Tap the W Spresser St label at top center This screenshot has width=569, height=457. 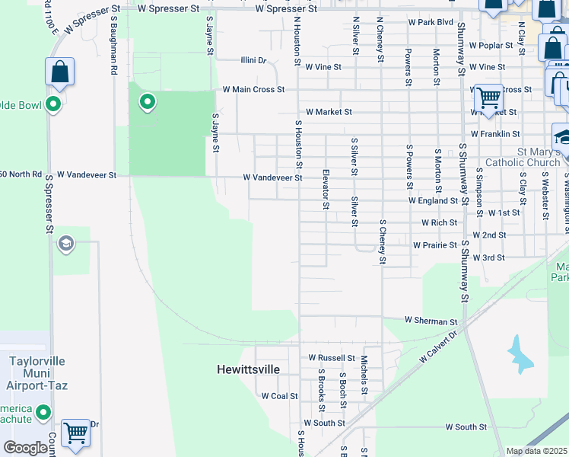[x=286, y=9]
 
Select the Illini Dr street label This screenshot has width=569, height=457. [x=253, y=60]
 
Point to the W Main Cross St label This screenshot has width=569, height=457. [x=253, y=89]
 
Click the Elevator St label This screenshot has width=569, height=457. [x=326, y=189]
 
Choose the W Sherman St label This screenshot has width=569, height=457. [x=431, y=321]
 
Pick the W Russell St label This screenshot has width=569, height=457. [x=332, y=357]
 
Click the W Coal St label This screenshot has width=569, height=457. [x=280, y=396]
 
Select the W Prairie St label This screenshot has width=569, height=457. [x=436, y=245]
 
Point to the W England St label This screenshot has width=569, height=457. [x=433, y=200]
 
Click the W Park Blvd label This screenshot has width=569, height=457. [x=430, y=22]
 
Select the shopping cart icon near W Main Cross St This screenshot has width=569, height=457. [x=488, y=97]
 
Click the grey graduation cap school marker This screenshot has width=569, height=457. [x=66, y=243]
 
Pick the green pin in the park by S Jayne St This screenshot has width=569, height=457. [x=147, y=101]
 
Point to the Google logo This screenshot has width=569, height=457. [x=26, y=448]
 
